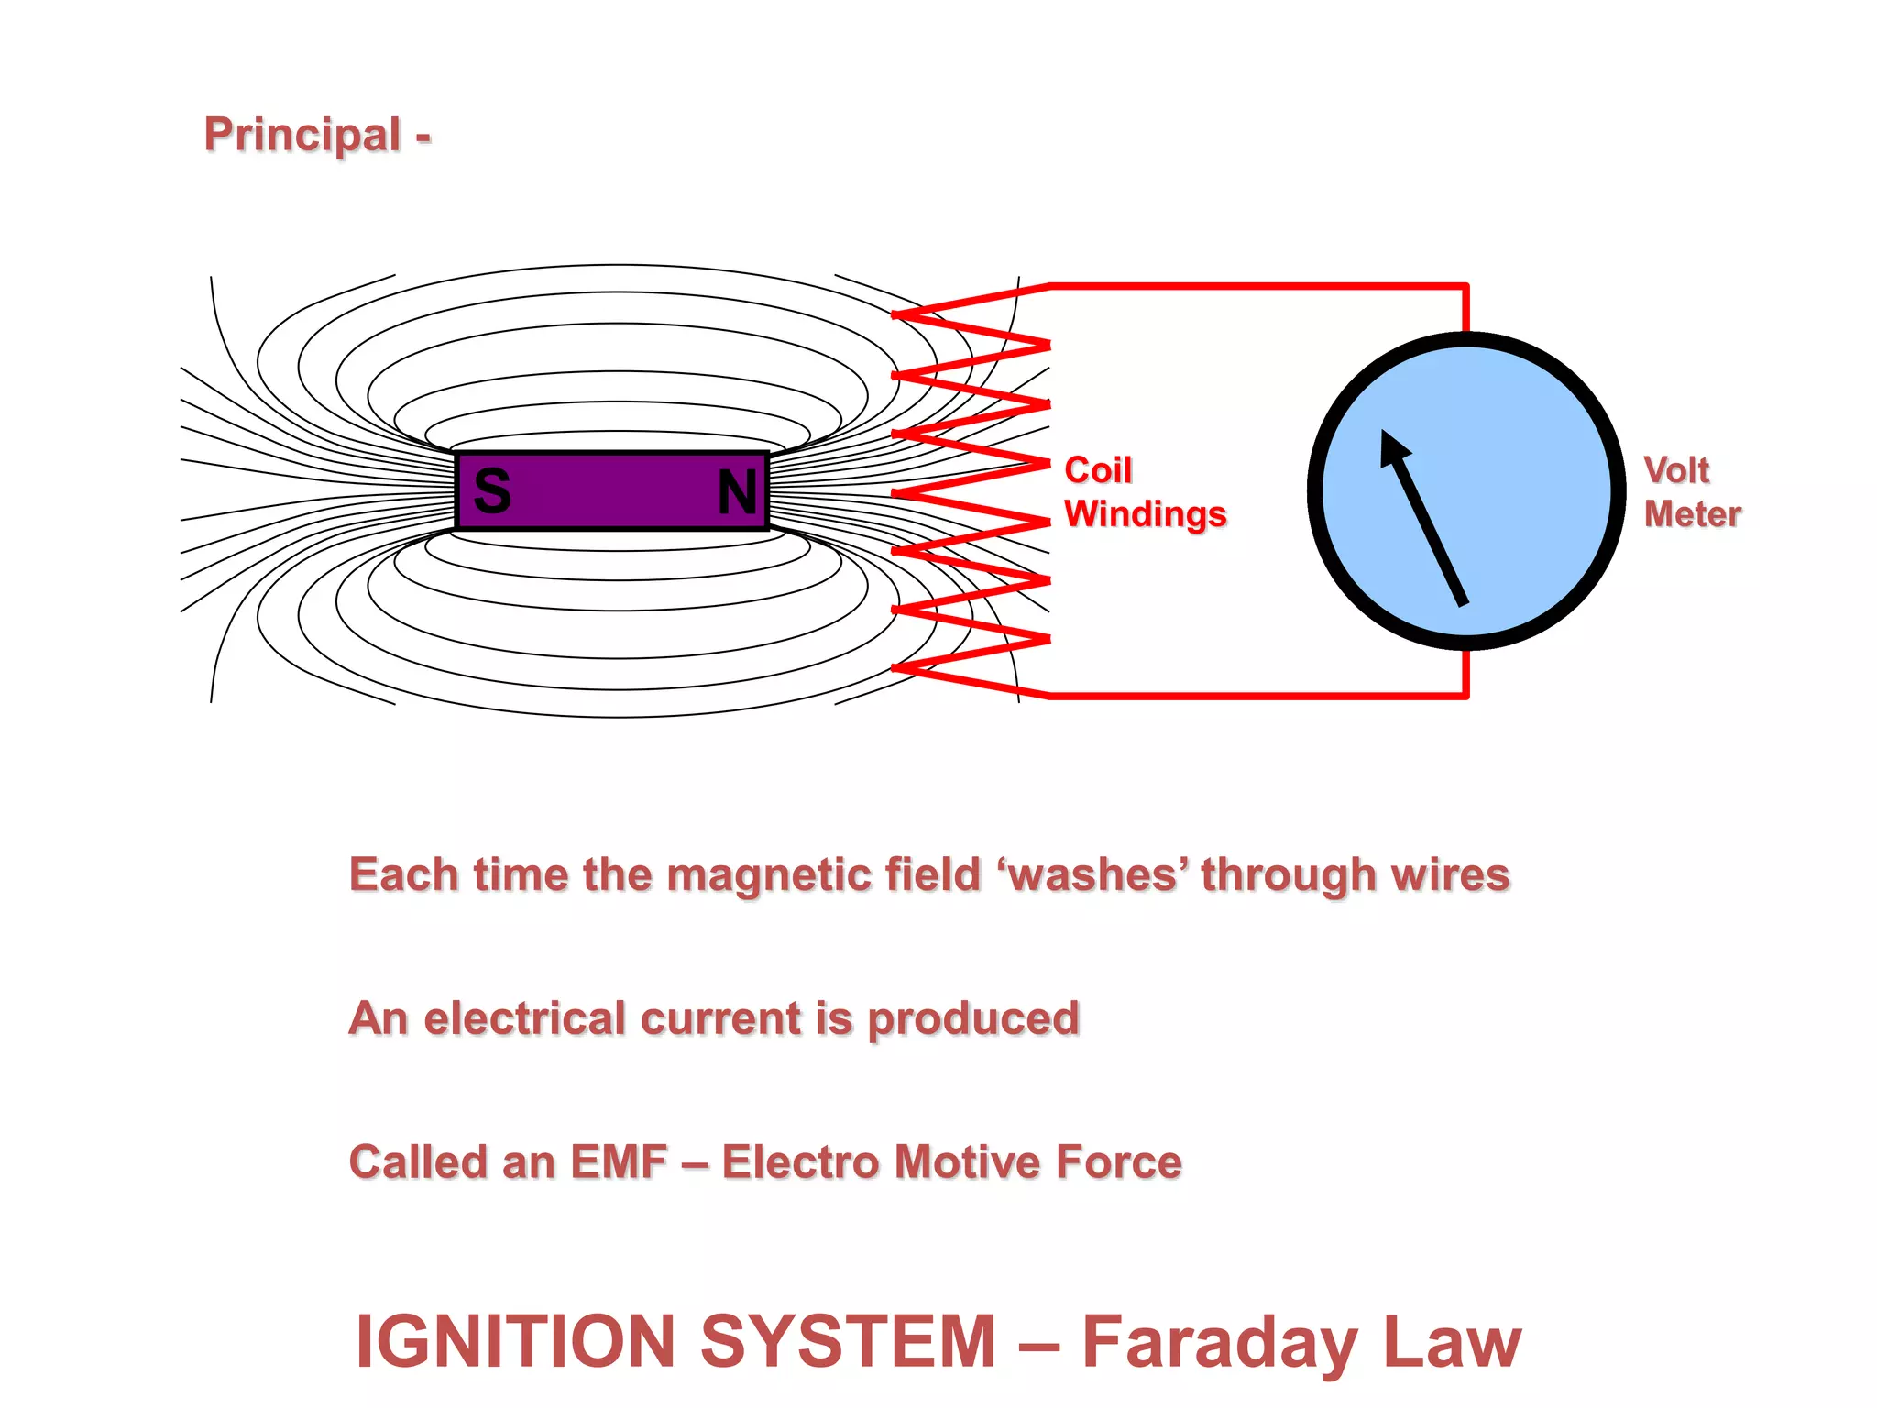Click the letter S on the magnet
[x=492, y=491]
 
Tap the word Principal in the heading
[x=302, y=135]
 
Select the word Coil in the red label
[x=1098, y=470]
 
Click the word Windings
[x=1146, y=514]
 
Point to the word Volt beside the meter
[x=1676, y=470]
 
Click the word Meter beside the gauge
[x=1693, y=514]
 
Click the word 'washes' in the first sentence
[x=1093, y=874]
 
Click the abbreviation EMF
[x=619, y=1162]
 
